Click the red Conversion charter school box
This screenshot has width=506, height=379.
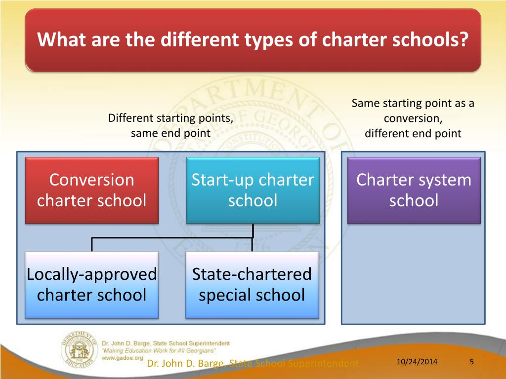pos(92,190)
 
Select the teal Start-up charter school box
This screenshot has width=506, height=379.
pos(253,190)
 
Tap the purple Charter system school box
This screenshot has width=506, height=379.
pos(414,190)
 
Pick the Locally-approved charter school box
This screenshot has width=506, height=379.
pos(92,285)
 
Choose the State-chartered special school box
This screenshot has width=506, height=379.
pos(252,285)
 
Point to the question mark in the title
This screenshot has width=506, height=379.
pos(463,39)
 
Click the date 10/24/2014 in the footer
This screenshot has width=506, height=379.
pos(417,363)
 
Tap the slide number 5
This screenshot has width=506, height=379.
pos(472,363)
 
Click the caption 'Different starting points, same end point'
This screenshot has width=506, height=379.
pos(170,125)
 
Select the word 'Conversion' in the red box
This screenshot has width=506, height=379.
pos(92,180)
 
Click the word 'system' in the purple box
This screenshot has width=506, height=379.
pos(442,180)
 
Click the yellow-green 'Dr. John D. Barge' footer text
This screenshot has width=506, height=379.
pos(188,364)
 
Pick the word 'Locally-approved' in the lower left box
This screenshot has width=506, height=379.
pos(92,274)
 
